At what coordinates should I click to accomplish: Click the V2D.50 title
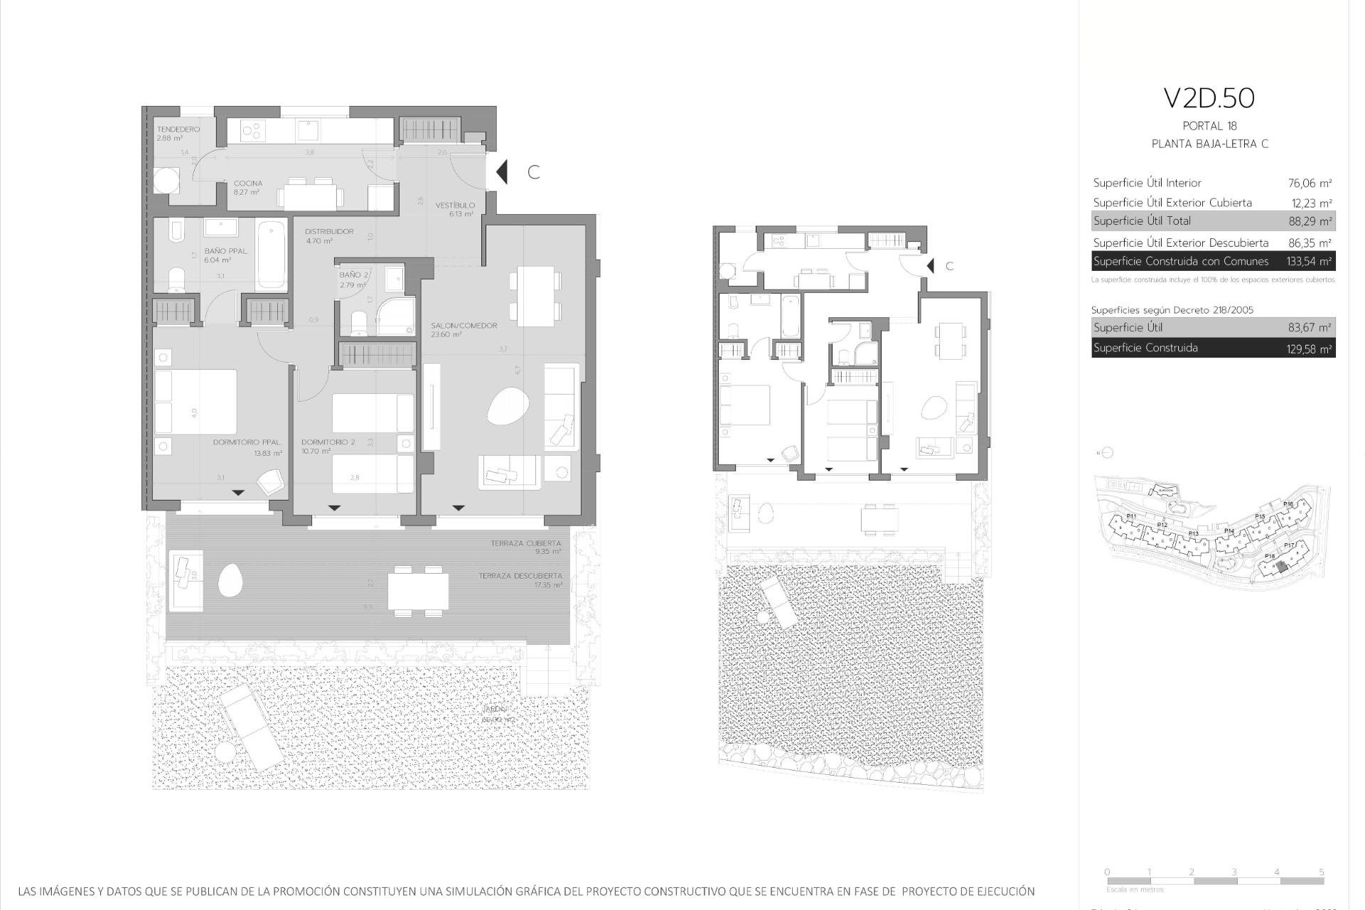(x=1209, y=99)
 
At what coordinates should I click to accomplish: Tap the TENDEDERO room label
(x=178, y=129)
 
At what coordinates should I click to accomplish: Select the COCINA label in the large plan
(x=248, y=183)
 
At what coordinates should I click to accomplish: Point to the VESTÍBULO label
(x=455, y=205)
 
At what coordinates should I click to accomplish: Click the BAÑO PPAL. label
(x=226, y=251)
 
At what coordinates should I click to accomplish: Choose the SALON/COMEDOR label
(x=464, y=326)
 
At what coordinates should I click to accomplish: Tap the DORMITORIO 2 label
(x=328, y=442)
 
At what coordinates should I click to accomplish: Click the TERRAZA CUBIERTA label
(x=525, y=543)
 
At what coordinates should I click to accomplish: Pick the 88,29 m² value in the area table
(x=1310, y=221)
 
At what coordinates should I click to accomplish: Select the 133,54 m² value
(x=1309, y=262)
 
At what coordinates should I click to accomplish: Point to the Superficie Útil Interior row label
(x=1147, y=183)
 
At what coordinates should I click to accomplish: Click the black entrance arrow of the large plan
(x=502, y=172)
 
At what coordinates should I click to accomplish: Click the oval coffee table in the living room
(x=507, y=407)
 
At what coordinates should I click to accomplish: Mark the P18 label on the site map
(x=1270, y=557)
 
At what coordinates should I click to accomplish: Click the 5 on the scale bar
(x=1321, y=872)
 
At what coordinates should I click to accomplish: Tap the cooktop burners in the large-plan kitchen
(x=252, y=131)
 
